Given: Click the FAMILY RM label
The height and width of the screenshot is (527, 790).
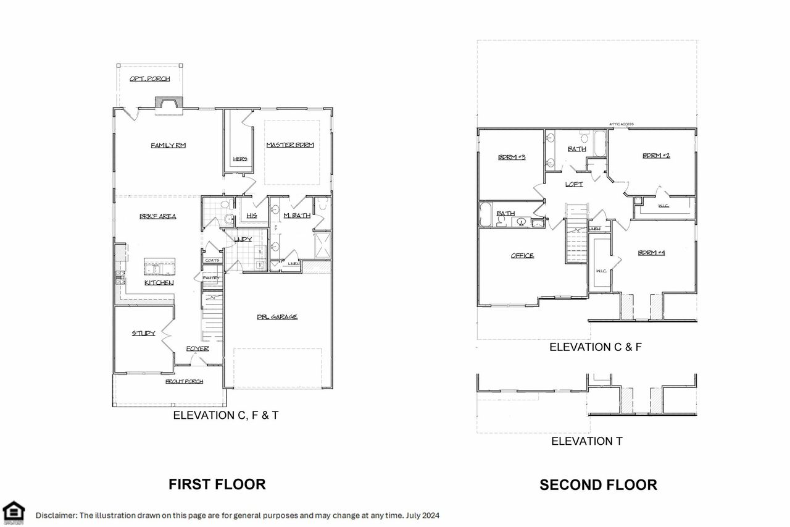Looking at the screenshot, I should pyautogui.click(x=168, y=145).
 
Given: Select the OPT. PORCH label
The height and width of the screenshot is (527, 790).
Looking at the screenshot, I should pyautogui.click(x=149, y=78).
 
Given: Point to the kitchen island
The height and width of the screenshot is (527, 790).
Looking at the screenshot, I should pyautogui.click(x=159, y=268).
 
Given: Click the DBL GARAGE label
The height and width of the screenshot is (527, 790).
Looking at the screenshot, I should pyautogui.click(x=277, y=317).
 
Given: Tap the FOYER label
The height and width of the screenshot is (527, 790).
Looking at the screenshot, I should pyautogui.click(x=197, y=348).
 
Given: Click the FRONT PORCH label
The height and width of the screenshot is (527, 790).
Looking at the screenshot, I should pyautogui.click(x=184, y=381).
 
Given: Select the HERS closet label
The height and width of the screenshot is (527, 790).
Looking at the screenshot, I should pyautogui.click(x=240, y=159).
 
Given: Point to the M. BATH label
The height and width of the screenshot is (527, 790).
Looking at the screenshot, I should pyautogui.click(x=296, y=215).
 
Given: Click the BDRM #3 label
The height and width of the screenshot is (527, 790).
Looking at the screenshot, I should pyautogui.click(x=511, y=157).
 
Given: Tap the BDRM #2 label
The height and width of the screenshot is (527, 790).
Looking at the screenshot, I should pyautogui.click(x=656, y=156).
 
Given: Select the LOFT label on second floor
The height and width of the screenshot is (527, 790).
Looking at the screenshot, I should pyautogui.click(x=574, y=184).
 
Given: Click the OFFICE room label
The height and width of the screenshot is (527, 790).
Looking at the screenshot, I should pyautogui.click(x=522, y=255).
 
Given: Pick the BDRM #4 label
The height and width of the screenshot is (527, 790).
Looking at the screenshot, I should pyautogui.click(x=651, y=253).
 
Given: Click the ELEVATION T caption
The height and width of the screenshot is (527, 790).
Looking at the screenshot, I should pyautogui.click(x=586, y=441).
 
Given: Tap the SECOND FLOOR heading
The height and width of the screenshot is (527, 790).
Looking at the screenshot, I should pyautogui.click(x=598, y=485).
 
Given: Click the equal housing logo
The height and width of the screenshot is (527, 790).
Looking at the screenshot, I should pyautogui.click(x=14, y=512).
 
